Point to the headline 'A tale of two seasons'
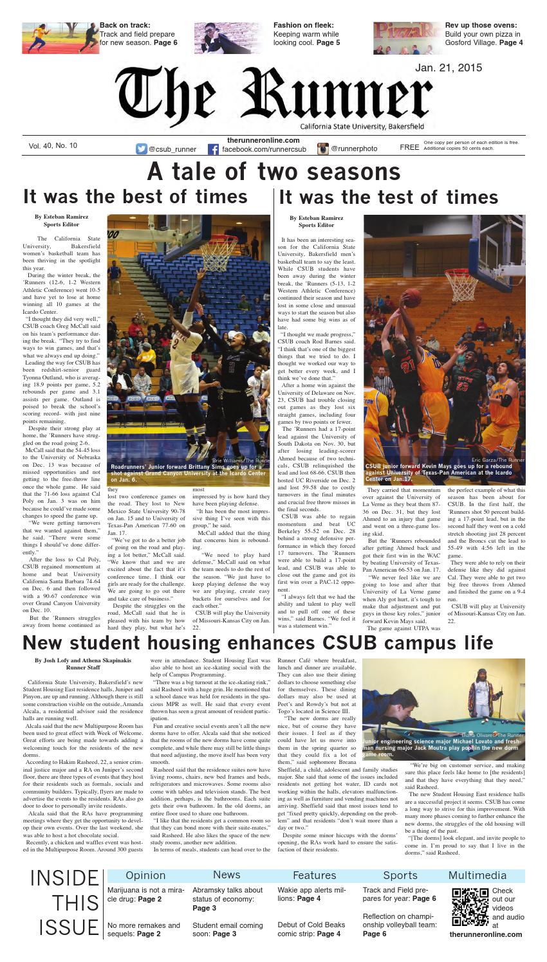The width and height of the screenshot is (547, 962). (x=273, y=172)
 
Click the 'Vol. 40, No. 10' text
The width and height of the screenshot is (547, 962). (x=53, y=146)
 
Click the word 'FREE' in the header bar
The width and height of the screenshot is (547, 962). (x=409, y=148)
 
